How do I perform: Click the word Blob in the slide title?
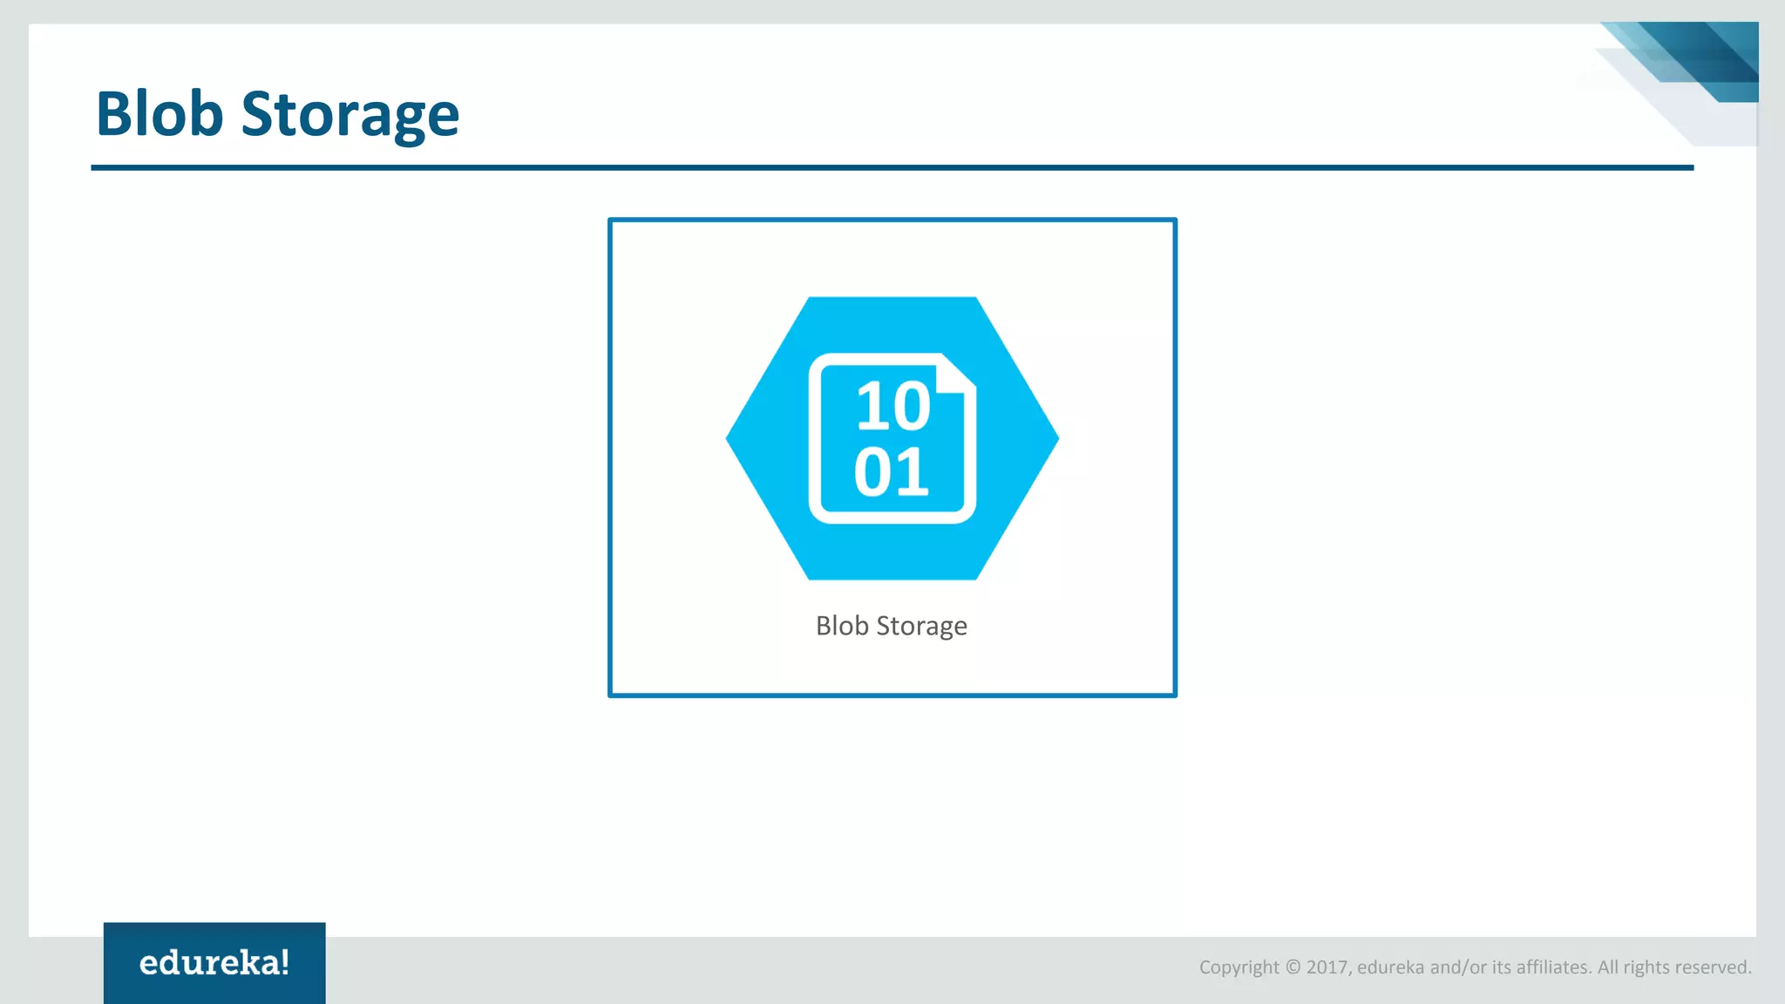[159, 113]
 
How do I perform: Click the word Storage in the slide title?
[350, 115]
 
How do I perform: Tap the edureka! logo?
[214, 962]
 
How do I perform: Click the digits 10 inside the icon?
[892, 406]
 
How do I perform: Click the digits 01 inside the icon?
[891, 472]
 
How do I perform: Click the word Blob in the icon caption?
[842, 626]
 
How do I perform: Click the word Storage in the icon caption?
[921, 627]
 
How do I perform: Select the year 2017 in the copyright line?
[1327, 967]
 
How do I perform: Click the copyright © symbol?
[1293, 967]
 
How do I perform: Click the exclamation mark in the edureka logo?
[285, 961]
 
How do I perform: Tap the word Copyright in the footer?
[1239, 967]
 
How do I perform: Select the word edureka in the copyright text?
[1391, 967]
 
